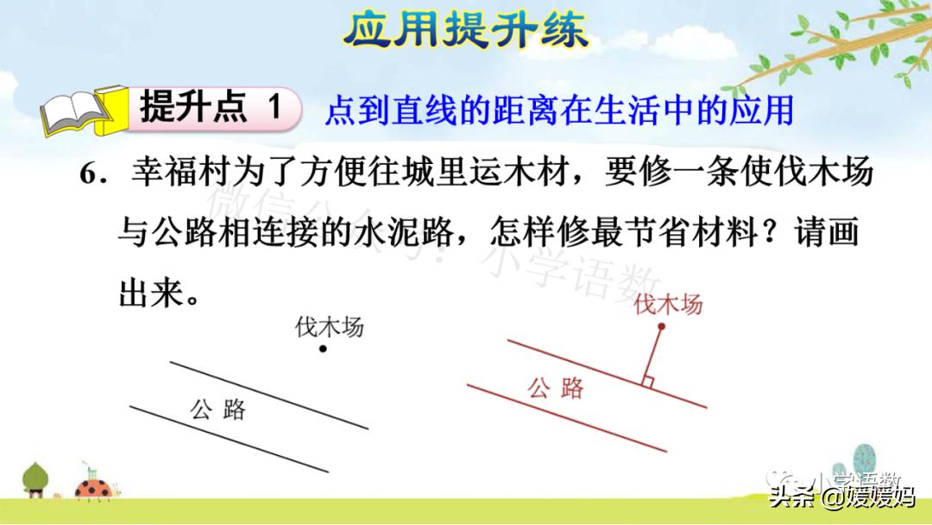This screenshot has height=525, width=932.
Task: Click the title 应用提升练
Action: pyautogui.click(x=465, y=30)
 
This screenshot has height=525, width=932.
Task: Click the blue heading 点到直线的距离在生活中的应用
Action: pyautogui.click(x=558, y=111)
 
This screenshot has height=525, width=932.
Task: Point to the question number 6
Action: pyautogui.click(x=90, y=174)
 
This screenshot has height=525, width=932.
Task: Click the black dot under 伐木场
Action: pyautogui.click(x=322, y=349)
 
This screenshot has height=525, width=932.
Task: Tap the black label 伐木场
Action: pyautogui.click(x=329, y=327)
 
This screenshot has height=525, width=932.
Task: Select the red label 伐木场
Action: pyautogui.click(x=668, y=304)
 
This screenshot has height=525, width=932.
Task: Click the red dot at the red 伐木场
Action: pyautogui.click(x=661, y=327)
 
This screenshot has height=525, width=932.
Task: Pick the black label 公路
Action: pyautogui.click(x=218, y=408)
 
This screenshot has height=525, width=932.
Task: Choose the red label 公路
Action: pyautogui.click(x=556, y=388)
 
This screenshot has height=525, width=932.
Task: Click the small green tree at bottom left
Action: pyautogui.click(x=36, y=480)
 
